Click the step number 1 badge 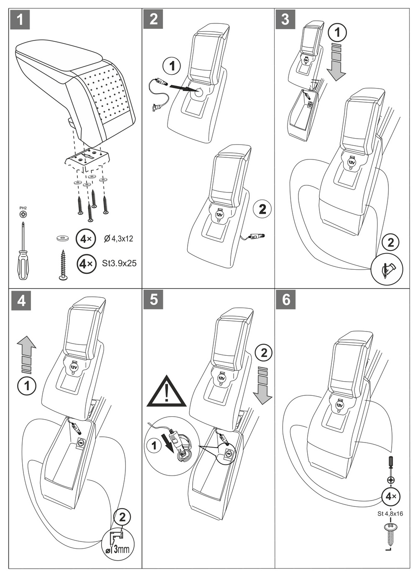point(20,19)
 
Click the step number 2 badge point(153,19)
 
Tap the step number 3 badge point(285,19)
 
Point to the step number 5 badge point(153,299)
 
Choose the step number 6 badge point(286,299)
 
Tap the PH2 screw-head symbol point(23,214)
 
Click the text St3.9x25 point(119,263)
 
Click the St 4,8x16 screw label point(390,514)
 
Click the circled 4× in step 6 point(390,496)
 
